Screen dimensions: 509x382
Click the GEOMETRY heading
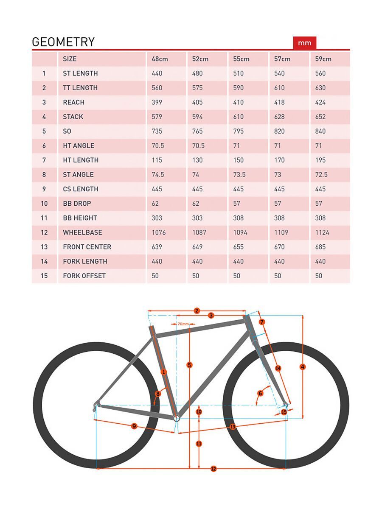[x=63, y=42]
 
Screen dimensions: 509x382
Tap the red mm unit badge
[x=304, y=43]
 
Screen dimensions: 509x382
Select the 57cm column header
[x=282, y=59]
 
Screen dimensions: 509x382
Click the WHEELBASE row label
[x=82, y=232]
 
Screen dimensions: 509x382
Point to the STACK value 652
[x=320, y=117]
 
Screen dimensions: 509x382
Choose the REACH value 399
[x=157, y=102]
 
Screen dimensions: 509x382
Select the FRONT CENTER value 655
[x=239, y=247]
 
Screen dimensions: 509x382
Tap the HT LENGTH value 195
[x=320, y=160]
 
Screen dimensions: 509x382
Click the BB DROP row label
[x=77, y=204]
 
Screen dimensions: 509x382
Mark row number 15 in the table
[x=44, y=276]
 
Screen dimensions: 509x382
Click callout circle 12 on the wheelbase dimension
[x=213, y=469]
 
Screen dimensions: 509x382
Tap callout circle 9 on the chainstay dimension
[x=134, y=426]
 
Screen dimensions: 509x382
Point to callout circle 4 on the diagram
[x=303, y=367]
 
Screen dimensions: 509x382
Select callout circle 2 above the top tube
[x=197, y=310]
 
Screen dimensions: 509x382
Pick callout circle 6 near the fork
[x=261, y=393]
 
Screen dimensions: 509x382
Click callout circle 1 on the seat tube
[x=164, y=372]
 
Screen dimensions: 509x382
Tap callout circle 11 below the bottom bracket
[x=199, y=444]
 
